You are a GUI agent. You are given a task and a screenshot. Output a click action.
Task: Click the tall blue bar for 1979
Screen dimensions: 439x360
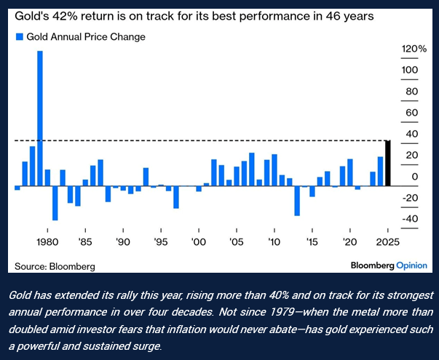tap(40, 119)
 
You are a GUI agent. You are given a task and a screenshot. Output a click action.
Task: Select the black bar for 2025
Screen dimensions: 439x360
tap(388, 163)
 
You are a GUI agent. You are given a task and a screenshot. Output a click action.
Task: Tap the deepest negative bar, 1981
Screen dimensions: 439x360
tap(55, 203)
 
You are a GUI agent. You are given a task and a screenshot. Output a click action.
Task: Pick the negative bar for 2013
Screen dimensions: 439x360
tap(297, 201)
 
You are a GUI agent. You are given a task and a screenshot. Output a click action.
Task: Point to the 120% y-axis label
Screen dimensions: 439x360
tap(414, 49)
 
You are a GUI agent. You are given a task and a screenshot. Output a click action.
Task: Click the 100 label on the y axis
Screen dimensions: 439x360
tap(410, 70)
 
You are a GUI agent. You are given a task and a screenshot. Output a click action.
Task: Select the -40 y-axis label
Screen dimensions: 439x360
tap(410, 219)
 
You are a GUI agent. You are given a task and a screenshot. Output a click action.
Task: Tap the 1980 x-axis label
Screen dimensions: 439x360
tap(47, 241)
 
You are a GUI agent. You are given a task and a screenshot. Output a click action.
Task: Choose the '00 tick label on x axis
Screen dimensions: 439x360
tap(199, 241)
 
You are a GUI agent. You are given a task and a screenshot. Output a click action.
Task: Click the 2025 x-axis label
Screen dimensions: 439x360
tap(388, 241)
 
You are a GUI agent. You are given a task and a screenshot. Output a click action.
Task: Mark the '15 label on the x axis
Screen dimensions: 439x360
tap(312, 241)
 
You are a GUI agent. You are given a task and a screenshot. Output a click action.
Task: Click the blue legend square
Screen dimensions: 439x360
tap(20, 36)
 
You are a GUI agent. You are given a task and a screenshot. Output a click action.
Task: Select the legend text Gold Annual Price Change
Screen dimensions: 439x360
tap(86, 37)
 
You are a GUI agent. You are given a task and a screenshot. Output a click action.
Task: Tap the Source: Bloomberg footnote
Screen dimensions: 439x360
tap(55, 266)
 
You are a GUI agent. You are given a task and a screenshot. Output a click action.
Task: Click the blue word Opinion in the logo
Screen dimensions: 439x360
tap(411, 265)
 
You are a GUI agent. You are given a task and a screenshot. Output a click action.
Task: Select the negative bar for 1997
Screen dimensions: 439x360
tap(176, 197)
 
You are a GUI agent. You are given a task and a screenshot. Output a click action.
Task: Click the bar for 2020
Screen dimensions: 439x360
tap(350, 172)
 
